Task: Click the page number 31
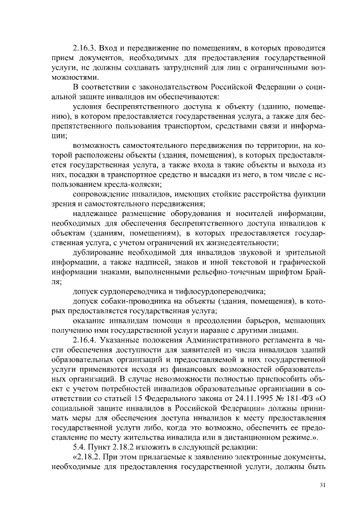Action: tap(322, 485)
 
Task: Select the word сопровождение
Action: tap(104, 194)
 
